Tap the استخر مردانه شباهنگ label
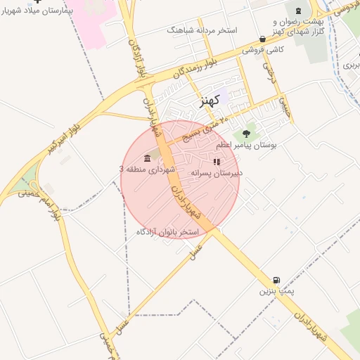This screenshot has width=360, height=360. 202,31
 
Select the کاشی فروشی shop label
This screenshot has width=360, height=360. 263,51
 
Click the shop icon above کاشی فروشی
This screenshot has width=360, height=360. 263,39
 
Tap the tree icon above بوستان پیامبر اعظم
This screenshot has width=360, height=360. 246,133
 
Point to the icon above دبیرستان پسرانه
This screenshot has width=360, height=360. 217,161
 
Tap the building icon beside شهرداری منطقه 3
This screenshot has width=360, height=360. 147,157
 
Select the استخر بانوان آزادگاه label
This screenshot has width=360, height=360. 167,231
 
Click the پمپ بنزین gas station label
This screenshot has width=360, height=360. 276,290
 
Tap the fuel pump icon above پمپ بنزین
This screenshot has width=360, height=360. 276,279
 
